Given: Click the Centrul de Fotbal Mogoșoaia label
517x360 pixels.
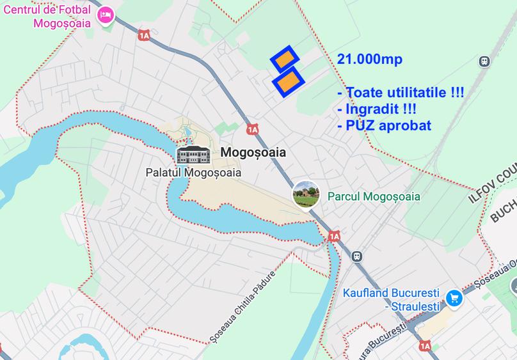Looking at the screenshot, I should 46,16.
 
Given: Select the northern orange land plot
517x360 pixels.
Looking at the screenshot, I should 285,58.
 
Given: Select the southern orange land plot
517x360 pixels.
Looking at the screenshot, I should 288,81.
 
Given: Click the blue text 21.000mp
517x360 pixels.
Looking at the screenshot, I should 369,59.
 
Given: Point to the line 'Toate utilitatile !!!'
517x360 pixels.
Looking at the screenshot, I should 401,93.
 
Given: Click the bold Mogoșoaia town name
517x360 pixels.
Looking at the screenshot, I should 253,153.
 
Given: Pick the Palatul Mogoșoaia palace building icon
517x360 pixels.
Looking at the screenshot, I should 193,155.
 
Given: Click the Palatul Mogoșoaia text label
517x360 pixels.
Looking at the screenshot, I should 193,172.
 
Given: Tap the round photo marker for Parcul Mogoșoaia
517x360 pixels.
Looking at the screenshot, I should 306,195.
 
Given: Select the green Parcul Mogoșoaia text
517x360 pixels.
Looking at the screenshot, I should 374,196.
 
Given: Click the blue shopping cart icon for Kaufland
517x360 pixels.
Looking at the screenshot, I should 454,297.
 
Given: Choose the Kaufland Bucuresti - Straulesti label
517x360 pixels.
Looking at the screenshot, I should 391,300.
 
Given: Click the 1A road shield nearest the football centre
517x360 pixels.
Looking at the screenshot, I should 143,36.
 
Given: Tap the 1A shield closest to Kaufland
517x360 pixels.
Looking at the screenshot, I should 425,346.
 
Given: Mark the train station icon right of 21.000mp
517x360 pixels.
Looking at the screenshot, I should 484,61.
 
